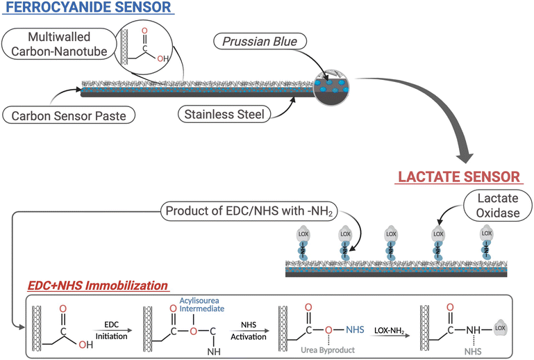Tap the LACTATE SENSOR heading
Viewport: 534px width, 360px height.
click(x=458, y=177)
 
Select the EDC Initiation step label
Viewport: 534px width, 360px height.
click(x=114, y=329)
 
